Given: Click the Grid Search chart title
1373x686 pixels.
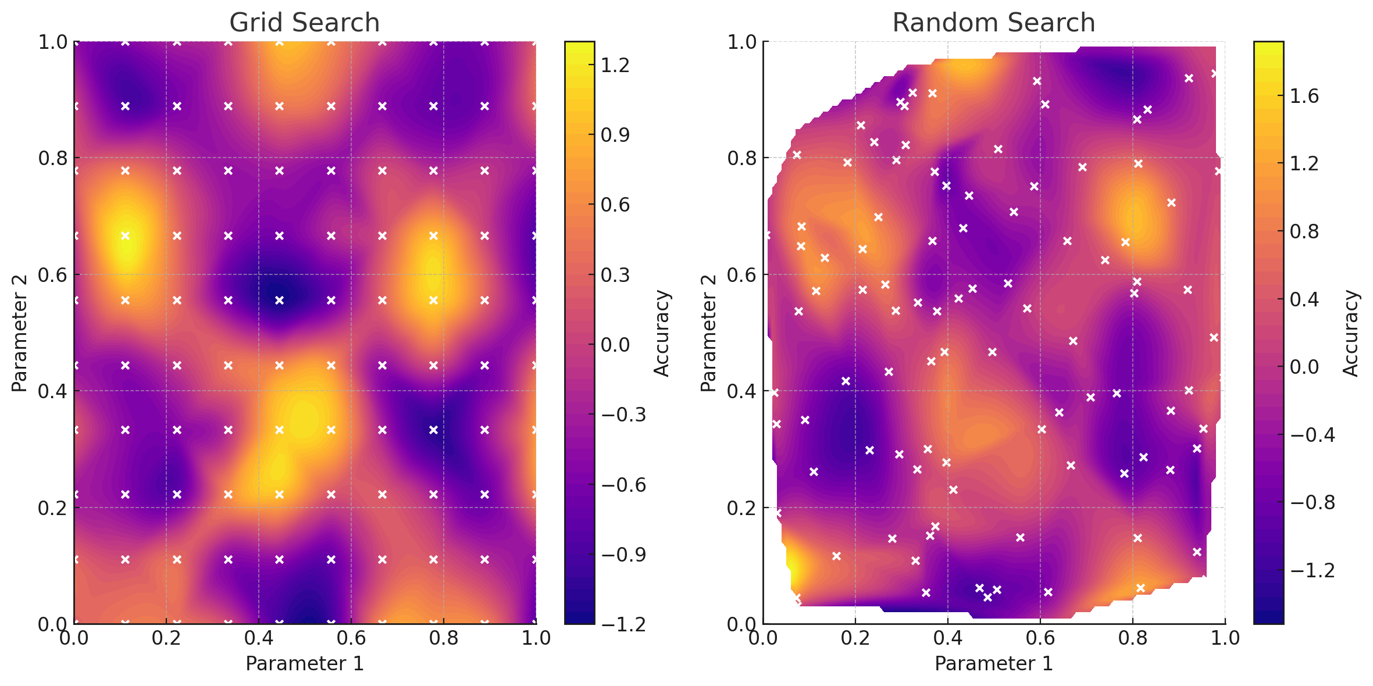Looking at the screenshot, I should click(304, 23).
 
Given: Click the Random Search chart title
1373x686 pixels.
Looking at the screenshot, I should click(993, 23).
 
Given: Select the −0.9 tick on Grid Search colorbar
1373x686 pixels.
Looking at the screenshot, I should click(623, 555).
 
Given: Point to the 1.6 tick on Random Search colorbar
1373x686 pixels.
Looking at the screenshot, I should click(1305, 96).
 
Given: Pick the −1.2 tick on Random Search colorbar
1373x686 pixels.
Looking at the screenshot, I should click(1312, 570).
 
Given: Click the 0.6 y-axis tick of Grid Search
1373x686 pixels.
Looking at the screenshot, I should click(52, 275).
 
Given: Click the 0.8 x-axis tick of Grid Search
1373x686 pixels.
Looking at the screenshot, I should click(444, 638).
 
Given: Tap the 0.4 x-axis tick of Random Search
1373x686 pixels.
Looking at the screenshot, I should click(948, 638).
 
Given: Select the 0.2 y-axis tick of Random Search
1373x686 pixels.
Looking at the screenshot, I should click(741, 508).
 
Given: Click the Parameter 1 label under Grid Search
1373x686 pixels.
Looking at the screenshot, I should click(304, 663).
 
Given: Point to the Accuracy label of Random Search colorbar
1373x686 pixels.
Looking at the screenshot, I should click(1351, 333).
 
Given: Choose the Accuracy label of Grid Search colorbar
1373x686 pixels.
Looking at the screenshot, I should click(662, 333).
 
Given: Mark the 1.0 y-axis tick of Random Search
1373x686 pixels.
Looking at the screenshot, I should click(741, 42).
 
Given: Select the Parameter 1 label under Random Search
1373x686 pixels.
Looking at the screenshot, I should click(993, 663).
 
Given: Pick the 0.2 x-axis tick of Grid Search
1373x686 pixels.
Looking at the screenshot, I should click(166, 638).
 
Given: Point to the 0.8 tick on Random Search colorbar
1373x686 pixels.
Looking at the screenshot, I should click(1305, 232).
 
